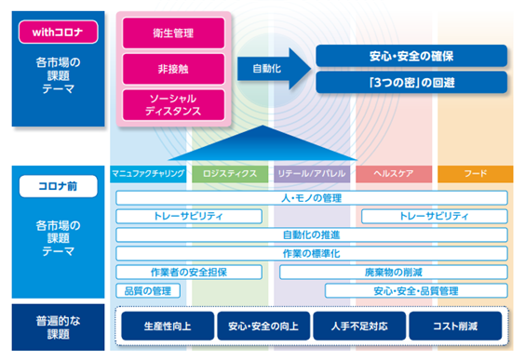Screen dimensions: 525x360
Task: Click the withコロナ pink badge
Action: click(x=59, y=33)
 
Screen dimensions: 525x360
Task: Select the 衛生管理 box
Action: click(x=173, y=33)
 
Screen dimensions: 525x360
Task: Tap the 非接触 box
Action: click(x=173, y=69)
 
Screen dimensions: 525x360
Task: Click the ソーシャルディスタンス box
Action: click(x=173, y=105)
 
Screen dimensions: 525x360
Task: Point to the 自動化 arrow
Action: click(x=274, y=69)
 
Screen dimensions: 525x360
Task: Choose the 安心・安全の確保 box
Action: click(x=411, y=56)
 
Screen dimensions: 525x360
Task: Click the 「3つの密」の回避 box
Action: click(x=411, y=82)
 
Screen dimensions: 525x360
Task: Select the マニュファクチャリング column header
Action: click(x=148, y=174)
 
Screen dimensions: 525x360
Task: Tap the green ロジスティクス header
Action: click(x=230, y=174)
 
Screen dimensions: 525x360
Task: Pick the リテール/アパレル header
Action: click(x=312, y=174)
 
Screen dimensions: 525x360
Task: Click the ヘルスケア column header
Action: click(x=394, y=174)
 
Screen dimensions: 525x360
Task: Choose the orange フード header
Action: click(x=476, y=174)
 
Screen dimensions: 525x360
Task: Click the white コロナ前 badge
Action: click(x=59, y=186)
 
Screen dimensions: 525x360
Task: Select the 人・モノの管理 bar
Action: click(x=312, y=198)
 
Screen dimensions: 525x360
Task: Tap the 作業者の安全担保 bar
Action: click(x=189, y=273)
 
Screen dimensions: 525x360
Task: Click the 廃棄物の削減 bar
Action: click(x=394, y=273)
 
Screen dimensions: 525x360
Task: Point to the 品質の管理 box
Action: click(x=148, y=291)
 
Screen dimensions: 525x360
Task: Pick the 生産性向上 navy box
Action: click(x=168, y=326)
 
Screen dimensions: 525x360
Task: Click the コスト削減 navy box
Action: click(x=455, y=326)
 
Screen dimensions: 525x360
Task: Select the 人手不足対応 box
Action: click(x=359, y=326)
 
